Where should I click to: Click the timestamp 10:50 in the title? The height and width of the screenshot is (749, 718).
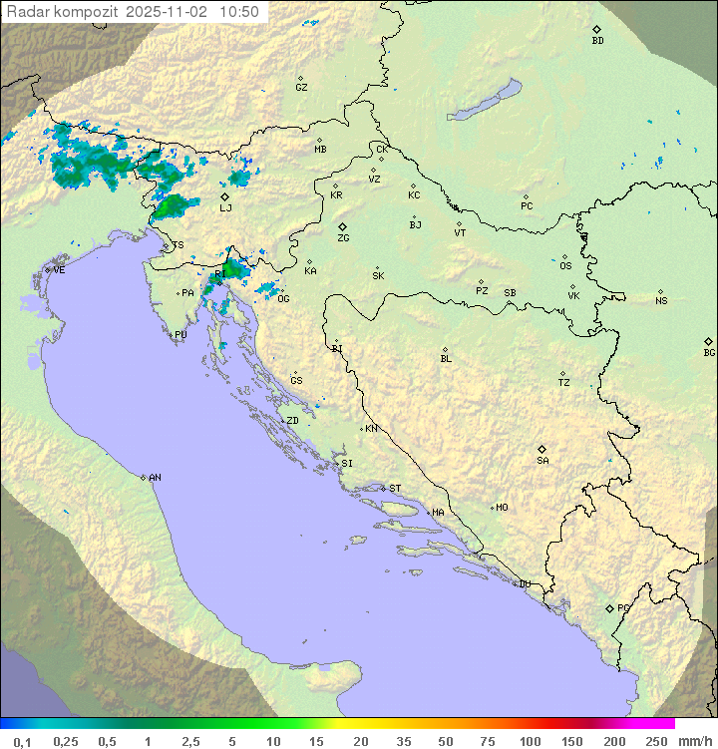click(240, 12)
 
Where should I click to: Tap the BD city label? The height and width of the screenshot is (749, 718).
click(597, 41)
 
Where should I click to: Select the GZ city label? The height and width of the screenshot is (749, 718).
click(301, 88)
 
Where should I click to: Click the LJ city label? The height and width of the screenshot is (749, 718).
click(225, 208)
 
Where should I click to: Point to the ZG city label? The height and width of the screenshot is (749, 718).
click(343, 238)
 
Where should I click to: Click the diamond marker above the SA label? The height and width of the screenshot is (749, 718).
click(542, 449)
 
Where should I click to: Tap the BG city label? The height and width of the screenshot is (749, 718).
click(709, 353)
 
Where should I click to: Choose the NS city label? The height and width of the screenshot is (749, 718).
click(661, 301)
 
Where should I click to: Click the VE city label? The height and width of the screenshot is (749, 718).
click(59, 270)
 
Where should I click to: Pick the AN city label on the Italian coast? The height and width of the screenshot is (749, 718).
click(155, 478)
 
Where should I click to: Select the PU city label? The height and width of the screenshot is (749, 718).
click(180, 335)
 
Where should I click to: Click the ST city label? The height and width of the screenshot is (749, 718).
click(395, 489)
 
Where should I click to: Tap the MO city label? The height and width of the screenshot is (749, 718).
click(502, 508)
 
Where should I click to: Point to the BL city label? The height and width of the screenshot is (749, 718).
click(446, 359)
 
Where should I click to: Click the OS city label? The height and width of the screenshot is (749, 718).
click(565, 266)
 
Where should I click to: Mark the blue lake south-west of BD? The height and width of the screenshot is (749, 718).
click(485, 101)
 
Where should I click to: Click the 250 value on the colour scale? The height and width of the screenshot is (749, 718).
click(656, 741)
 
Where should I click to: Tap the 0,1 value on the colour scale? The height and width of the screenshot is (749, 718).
click(22, 741)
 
